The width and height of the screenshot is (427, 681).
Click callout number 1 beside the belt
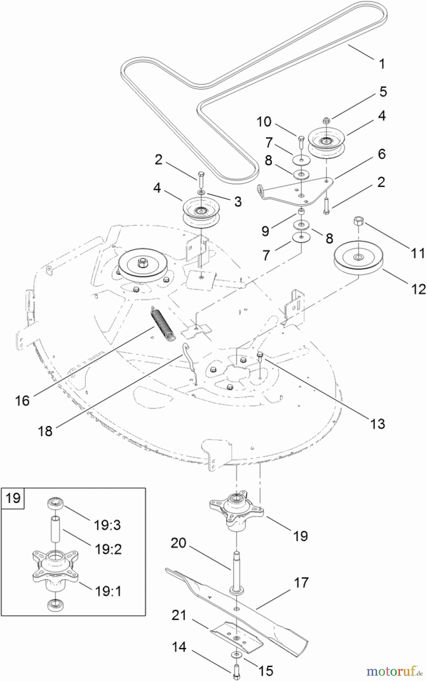(x=382, y=64)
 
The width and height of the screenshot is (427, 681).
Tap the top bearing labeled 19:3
(x=55, y=504)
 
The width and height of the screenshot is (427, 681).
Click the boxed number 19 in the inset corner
(x=13, y=498)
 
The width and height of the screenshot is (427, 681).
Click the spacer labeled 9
(x=301, y=211)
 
